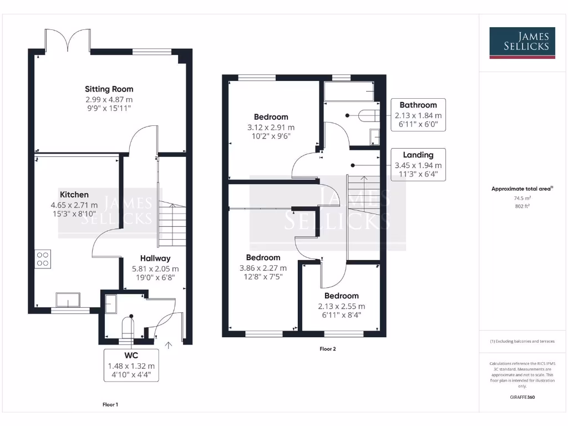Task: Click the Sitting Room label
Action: coord(109,89)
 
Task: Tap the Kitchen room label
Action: coord(74,195)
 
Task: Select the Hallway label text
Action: coord(155,258)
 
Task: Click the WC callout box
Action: coord(131,365)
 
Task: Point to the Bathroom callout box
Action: coord(418,115)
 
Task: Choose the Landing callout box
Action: coord(418,165)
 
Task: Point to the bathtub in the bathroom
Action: coord(349,92)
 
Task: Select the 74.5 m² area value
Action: coord(521,197)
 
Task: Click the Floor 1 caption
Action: coord(110,404)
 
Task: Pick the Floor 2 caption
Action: coord(327,349)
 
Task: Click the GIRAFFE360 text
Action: coord(522,397)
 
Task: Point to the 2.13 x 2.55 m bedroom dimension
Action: coord(341,306)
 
